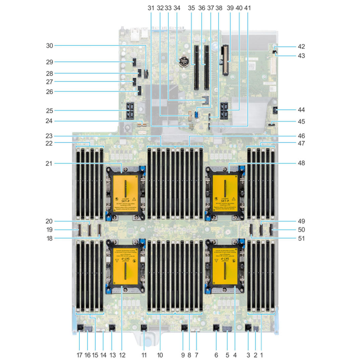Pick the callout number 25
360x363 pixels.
point(50,111)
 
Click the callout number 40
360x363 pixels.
point(239,8)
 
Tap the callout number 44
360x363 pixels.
point(301,110)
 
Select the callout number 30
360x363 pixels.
point(50,45)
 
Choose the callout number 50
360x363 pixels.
point(301,230)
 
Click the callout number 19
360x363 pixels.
point(50,230)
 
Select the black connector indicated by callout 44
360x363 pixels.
point(276,110)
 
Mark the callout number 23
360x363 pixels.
point(50,136)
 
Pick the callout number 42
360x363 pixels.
point(301,47)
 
